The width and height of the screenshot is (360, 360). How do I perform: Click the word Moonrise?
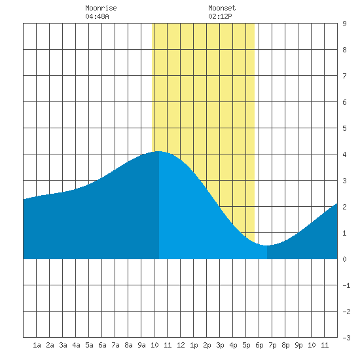pyautogui.click(x=101, y=8)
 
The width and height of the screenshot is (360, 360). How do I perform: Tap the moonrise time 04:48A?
pyautogui.click(x=97, y=16)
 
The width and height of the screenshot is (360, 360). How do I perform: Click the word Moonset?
pyautogui.click(x=222, y=8)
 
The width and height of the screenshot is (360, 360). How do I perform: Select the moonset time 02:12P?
pyautogui.click(x=220, y=16)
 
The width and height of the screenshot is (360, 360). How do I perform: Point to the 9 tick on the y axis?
pyautogui.click(x=344, y=24)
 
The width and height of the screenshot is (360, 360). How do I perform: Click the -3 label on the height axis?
pyautogui.click(x=346, y=338)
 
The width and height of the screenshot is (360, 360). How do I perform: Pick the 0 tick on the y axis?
pyautogui.click(x=344, y=259)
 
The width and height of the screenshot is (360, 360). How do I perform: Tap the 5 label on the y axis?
pyautogui.click(x=344, y=128)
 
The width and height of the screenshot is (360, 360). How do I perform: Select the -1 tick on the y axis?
pyautogui.click(x=346, y=285)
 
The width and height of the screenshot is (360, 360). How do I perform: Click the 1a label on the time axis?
pyautogui.click(x=37, y=345)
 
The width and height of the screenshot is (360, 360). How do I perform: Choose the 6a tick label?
pyautogui.click(x=102, y=345)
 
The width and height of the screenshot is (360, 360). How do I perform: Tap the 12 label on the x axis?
pyautogui.click(x=181, y=345)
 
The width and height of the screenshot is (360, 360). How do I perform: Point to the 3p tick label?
pyautogui.click(x=220, y=345)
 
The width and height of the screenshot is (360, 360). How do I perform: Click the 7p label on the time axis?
pyautogui.click(x=272, y=345)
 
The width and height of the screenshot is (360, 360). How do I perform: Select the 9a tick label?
pyautogui.click(x=141, y=345)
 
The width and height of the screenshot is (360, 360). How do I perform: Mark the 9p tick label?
pyautogui.click(x=298, y=345)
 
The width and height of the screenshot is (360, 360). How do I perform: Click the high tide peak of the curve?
pyautogui.click(x=158, y=152)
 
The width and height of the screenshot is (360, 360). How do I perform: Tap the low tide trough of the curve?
pyautogui.click(x=266, y=245)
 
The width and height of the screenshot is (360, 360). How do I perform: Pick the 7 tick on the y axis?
pyautogui.click(x=344, y=76)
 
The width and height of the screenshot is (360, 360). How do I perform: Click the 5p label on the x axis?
pyautogui.click(x=246, y=345)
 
